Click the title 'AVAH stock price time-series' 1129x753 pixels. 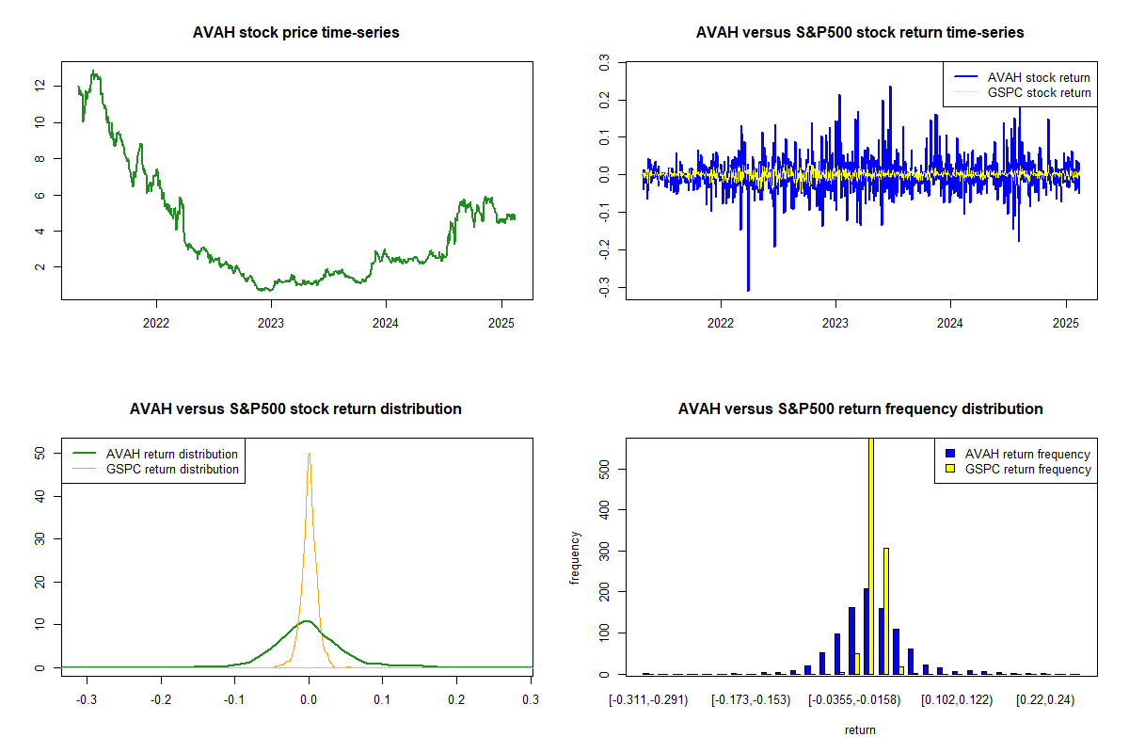[x=296, y=33]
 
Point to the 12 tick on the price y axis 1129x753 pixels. [x=40, y=85]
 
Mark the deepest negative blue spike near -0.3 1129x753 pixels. [x=748, y=290]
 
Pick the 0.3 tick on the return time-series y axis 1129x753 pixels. [x=604, y=62]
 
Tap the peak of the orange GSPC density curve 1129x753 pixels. [x=309, y=454]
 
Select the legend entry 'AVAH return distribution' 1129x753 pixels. [x=172, y=454]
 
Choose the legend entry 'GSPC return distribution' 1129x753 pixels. [x=172, y=469]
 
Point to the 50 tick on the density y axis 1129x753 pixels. [x=40, y=453]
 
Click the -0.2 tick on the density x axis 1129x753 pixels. [x=161, y=700]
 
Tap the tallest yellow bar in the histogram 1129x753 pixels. [x=871, y=555]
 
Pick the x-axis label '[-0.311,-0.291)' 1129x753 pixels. [x=649, y=700]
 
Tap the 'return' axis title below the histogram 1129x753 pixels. [x=860, y=729]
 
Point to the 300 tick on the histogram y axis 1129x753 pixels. [x=604, y=551]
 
